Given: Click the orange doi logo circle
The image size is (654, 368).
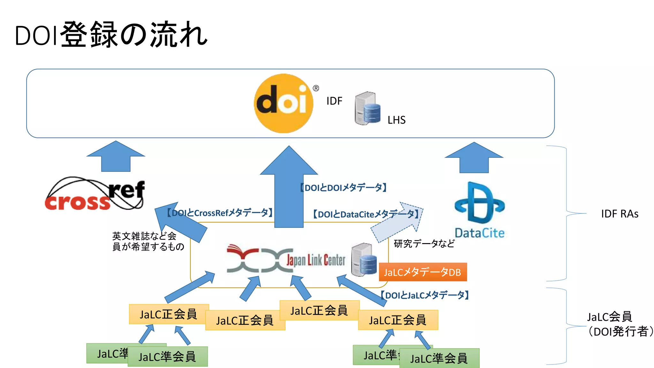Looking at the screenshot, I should [284, 103].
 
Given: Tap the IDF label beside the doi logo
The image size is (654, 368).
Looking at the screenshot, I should [334, 101].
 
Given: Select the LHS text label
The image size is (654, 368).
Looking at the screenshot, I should [396, 120].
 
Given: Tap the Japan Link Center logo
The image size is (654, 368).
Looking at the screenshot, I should [286, 259].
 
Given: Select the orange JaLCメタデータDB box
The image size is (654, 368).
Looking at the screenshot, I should [422, 272].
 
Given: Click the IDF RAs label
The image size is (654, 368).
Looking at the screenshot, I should [620, 214].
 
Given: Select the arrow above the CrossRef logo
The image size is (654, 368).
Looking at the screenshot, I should [116, 157].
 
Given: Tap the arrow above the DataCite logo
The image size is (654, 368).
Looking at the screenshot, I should [474, 158].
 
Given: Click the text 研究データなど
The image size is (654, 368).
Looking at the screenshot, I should [424, 244].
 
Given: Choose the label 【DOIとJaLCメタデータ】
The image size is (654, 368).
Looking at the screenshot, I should [424, 295].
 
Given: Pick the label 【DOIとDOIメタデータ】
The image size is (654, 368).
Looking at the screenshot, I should [344, 188].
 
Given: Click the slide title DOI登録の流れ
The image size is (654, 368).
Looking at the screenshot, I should [111, 35].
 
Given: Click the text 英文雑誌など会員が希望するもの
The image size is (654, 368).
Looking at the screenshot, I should [148, 241].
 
